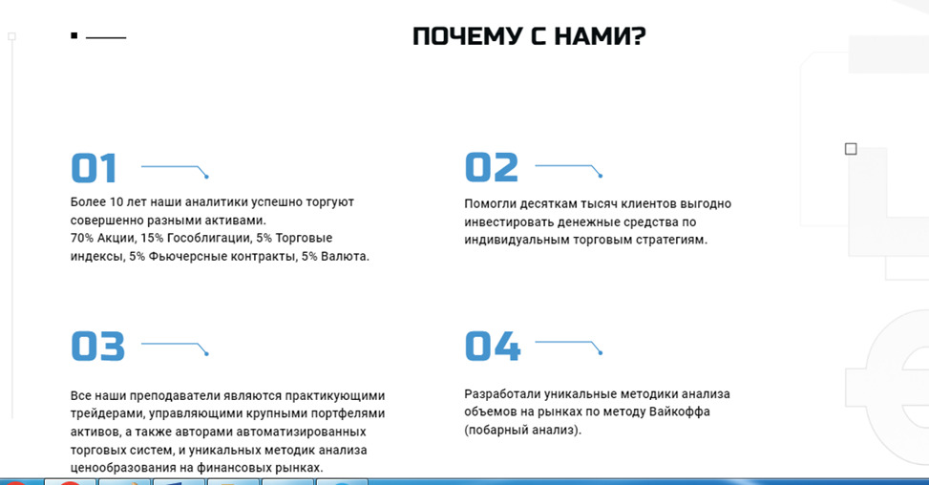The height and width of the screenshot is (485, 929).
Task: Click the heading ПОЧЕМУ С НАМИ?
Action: point(529,36)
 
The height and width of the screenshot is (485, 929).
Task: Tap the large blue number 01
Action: point(94,168)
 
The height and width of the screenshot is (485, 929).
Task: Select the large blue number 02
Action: point(491,167)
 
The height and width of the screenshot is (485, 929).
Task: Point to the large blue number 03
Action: point(97,346)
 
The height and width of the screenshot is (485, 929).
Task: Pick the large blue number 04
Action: point(493,346)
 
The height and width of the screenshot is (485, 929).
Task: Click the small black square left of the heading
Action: point(74,35)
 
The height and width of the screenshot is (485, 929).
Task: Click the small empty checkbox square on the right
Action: point(851,149)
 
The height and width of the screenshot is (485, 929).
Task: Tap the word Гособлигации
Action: point(209,238)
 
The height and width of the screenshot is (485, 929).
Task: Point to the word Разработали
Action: point(502,393)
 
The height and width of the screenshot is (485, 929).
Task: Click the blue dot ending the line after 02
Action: point(601,176)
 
